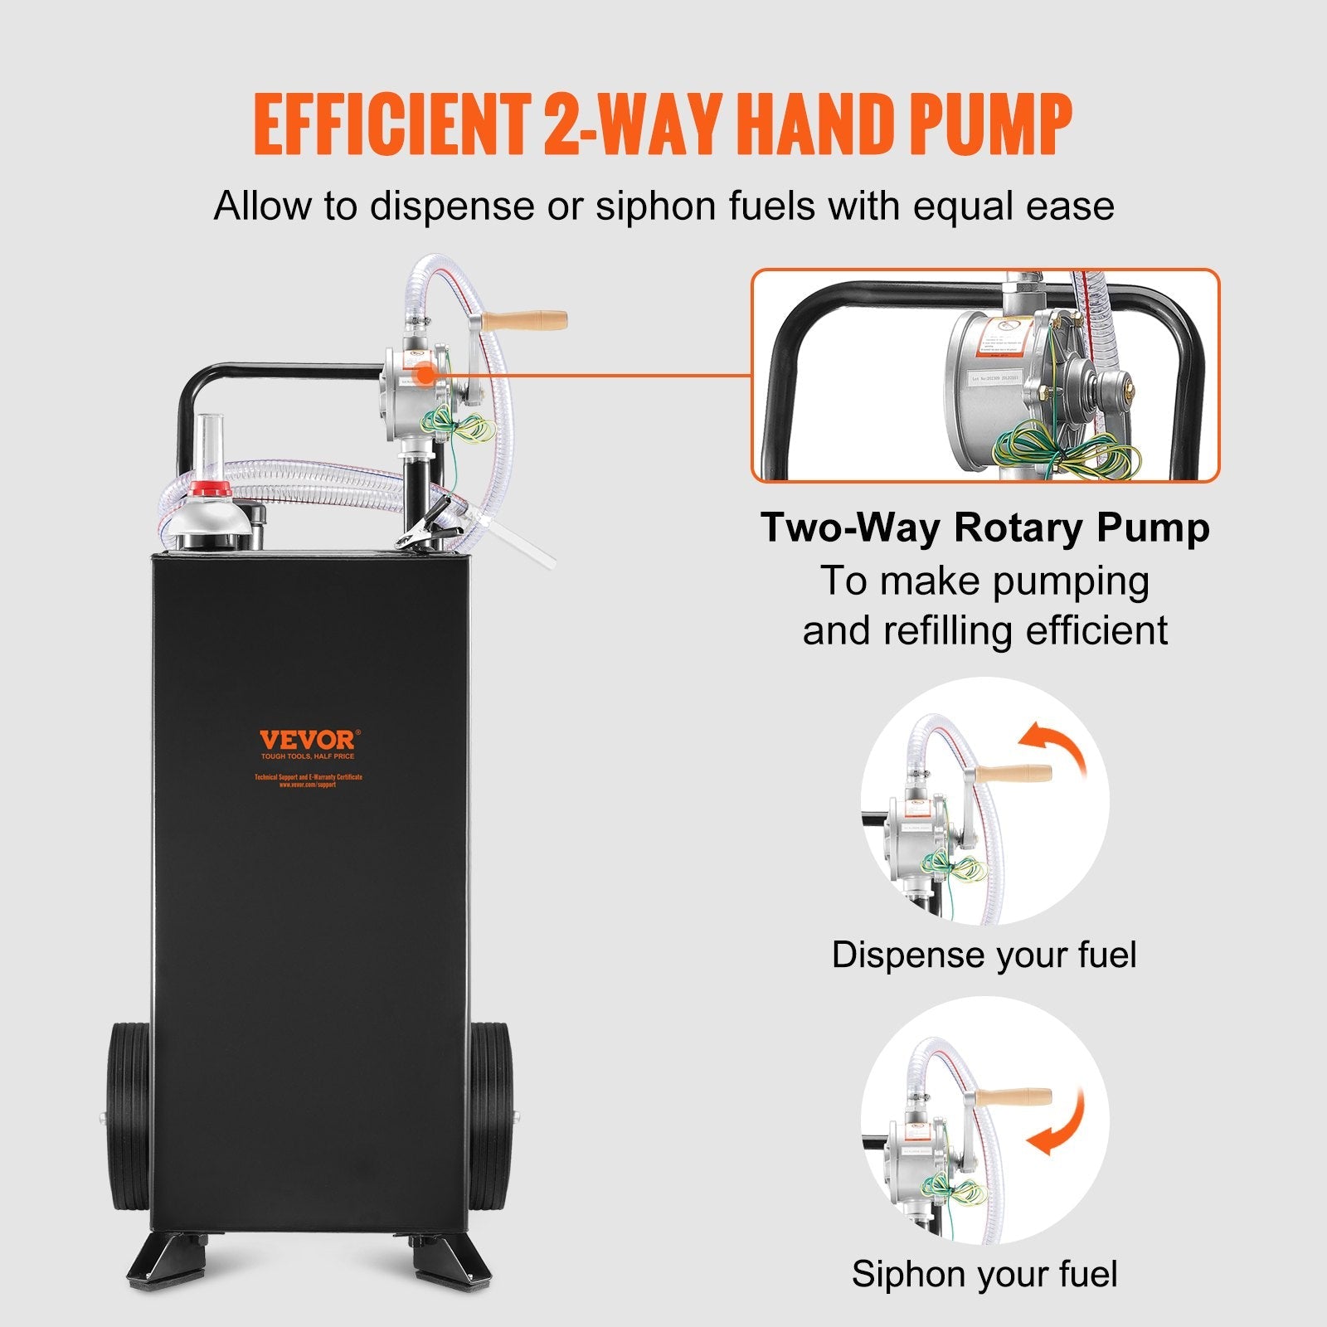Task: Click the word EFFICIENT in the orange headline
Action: click(x=392, y=124)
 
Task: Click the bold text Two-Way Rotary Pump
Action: click(x=985, y=528)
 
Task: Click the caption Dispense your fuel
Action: click(x=984, y=955)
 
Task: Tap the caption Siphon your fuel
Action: click(x=984, y=1274)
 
